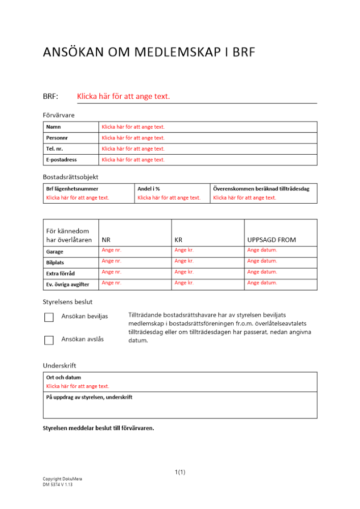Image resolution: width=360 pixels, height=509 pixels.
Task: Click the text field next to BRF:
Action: click(123, 96)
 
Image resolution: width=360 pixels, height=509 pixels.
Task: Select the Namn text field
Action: click(133, 127)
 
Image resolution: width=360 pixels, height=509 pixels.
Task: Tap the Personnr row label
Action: click(57, 138)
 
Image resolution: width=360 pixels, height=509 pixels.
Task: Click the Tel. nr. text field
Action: click(133, 149)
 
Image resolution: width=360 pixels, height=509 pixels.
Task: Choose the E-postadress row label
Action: click(62, 160)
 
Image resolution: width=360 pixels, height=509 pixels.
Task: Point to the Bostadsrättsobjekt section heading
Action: click(70, 177)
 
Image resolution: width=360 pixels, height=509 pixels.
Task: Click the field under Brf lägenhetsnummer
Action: click(78, 197)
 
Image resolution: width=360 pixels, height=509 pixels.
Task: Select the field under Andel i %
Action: click(169, 197)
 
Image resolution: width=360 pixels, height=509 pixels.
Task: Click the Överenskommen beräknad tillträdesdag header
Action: click(261, 189)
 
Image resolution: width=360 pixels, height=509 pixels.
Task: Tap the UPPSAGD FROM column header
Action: click(271, 240)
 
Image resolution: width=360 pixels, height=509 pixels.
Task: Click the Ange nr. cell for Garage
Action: click(112, 250)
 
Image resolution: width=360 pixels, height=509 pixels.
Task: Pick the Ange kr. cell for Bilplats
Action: click(184, 261)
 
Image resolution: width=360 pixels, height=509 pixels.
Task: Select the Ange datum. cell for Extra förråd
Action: click(262, 272)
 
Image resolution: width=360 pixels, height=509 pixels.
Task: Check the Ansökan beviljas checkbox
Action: click(49, 317)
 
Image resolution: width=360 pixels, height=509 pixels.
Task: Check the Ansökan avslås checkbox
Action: click(49, 340)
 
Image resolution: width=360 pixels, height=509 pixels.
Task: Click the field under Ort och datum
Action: click(78, 386)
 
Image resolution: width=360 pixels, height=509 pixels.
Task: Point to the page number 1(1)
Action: click(180, 472)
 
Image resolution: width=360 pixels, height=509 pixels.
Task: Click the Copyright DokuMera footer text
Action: click(62, 479)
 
